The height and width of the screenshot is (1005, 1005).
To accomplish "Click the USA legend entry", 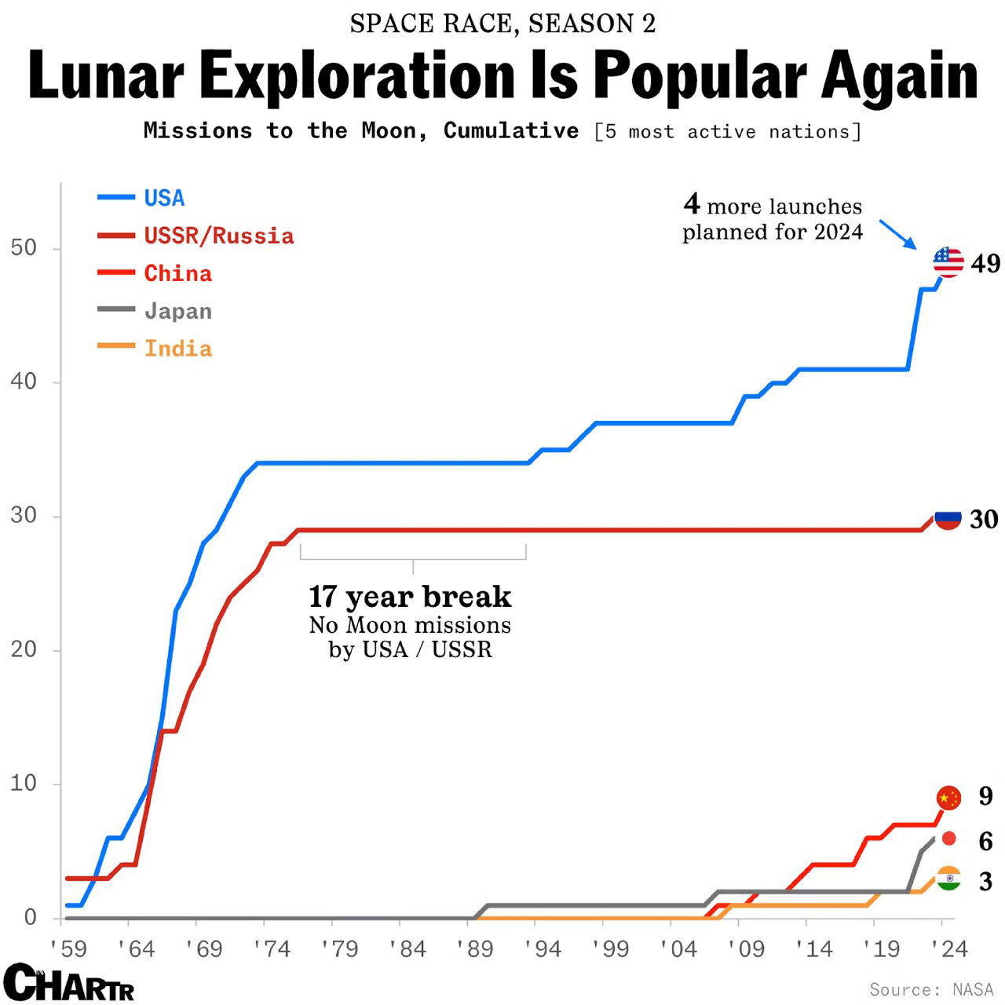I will point(164,198).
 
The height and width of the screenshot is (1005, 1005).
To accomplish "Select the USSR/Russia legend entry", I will point(218,236).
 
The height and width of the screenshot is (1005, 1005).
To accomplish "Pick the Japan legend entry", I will point(177,311).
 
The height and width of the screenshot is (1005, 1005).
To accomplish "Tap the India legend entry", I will point(177,349).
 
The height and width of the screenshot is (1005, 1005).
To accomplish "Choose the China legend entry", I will point(177,273).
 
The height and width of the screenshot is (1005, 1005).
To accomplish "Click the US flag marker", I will point(948,261).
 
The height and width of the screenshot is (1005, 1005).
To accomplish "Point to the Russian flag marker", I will point(948,518).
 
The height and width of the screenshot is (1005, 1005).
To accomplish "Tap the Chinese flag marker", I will point(948,798).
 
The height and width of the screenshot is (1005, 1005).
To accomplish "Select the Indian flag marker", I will point(948,879).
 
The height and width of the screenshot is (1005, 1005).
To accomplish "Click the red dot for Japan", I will point(948,839).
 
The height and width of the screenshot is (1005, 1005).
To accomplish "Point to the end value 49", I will point(985,264).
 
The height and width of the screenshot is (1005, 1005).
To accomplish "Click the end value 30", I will point(984,519).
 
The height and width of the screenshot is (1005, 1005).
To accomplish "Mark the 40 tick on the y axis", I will point(24,382).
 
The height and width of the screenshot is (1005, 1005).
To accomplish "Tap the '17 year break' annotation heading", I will point(410,597).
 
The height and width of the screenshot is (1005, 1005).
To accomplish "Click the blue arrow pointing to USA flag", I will point(897,234).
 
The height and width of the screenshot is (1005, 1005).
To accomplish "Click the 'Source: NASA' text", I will point(931,989).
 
